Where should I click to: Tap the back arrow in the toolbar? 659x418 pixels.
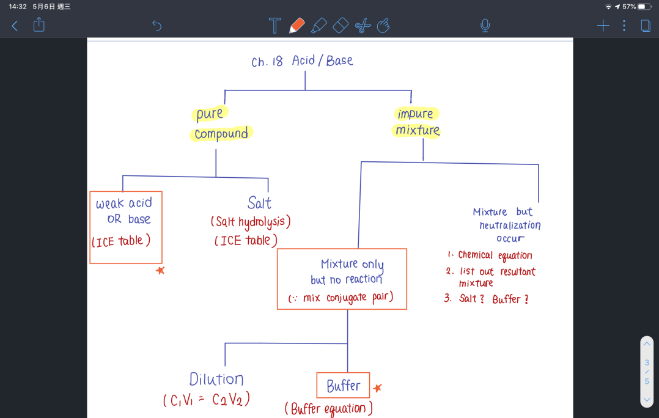[15, 26]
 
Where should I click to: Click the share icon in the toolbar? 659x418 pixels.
[39, 24]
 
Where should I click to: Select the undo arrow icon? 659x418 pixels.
[156, 26]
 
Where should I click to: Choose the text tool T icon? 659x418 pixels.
[274, 25]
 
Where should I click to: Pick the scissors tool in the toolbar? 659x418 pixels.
[363, 26]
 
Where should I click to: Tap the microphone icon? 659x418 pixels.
[485, 26]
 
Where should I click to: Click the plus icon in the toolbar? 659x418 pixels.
[603, 26]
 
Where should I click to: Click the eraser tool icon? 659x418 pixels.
[341, 25]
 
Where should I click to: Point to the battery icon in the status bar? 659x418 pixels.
[644, 7]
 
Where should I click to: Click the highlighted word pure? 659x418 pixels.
[209, 114]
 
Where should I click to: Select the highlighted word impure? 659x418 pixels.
[415, 114]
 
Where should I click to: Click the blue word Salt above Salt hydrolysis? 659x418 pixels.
[259, 203]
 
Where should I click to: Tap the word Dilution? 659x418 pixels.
[216, 379]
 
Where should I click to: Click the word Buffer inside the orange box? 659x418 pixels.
[344, 386]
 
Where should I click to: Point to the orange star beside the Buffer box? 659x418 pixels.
[377, 388]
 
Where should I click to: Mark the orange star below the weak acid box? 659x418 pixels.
[160, 271]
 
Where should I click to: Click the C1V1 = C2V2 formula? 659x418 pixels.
[207, 399]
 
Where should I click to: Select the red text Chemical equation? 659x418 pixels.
[495, 255]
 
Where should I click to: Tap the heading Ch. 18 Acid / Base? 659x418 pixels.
[302, 61]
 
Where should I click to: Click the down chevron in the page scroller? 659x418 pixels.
[647, 400]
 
